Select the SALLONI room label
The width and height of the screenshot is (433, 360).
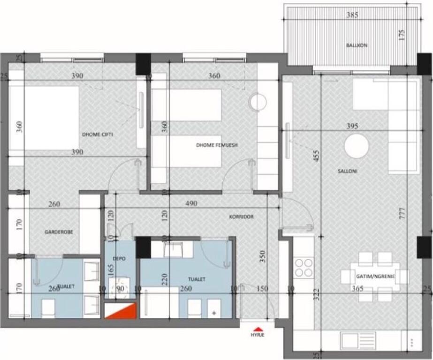(348, 171)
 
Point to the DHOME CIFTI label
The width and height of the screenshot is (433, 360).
(97, 135)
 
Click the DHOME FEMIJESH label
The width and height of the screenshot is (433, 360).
(217, 145)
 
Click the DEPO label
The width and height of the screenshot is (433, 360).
(118, 258)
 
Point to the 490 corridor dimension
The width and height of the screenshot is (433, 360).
(191, 203)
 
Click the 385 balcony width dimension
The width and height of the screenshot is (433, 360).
(352, 15)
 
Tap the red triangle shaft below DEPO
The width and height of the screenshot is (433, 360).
(120, 310)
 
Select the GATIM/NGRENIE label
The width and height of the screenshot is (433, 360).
(376, 277)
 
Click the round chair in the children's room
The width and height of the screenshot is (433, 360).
(258, 101)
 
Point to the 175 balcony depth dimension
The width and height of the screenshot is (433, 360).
(401, 36)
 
